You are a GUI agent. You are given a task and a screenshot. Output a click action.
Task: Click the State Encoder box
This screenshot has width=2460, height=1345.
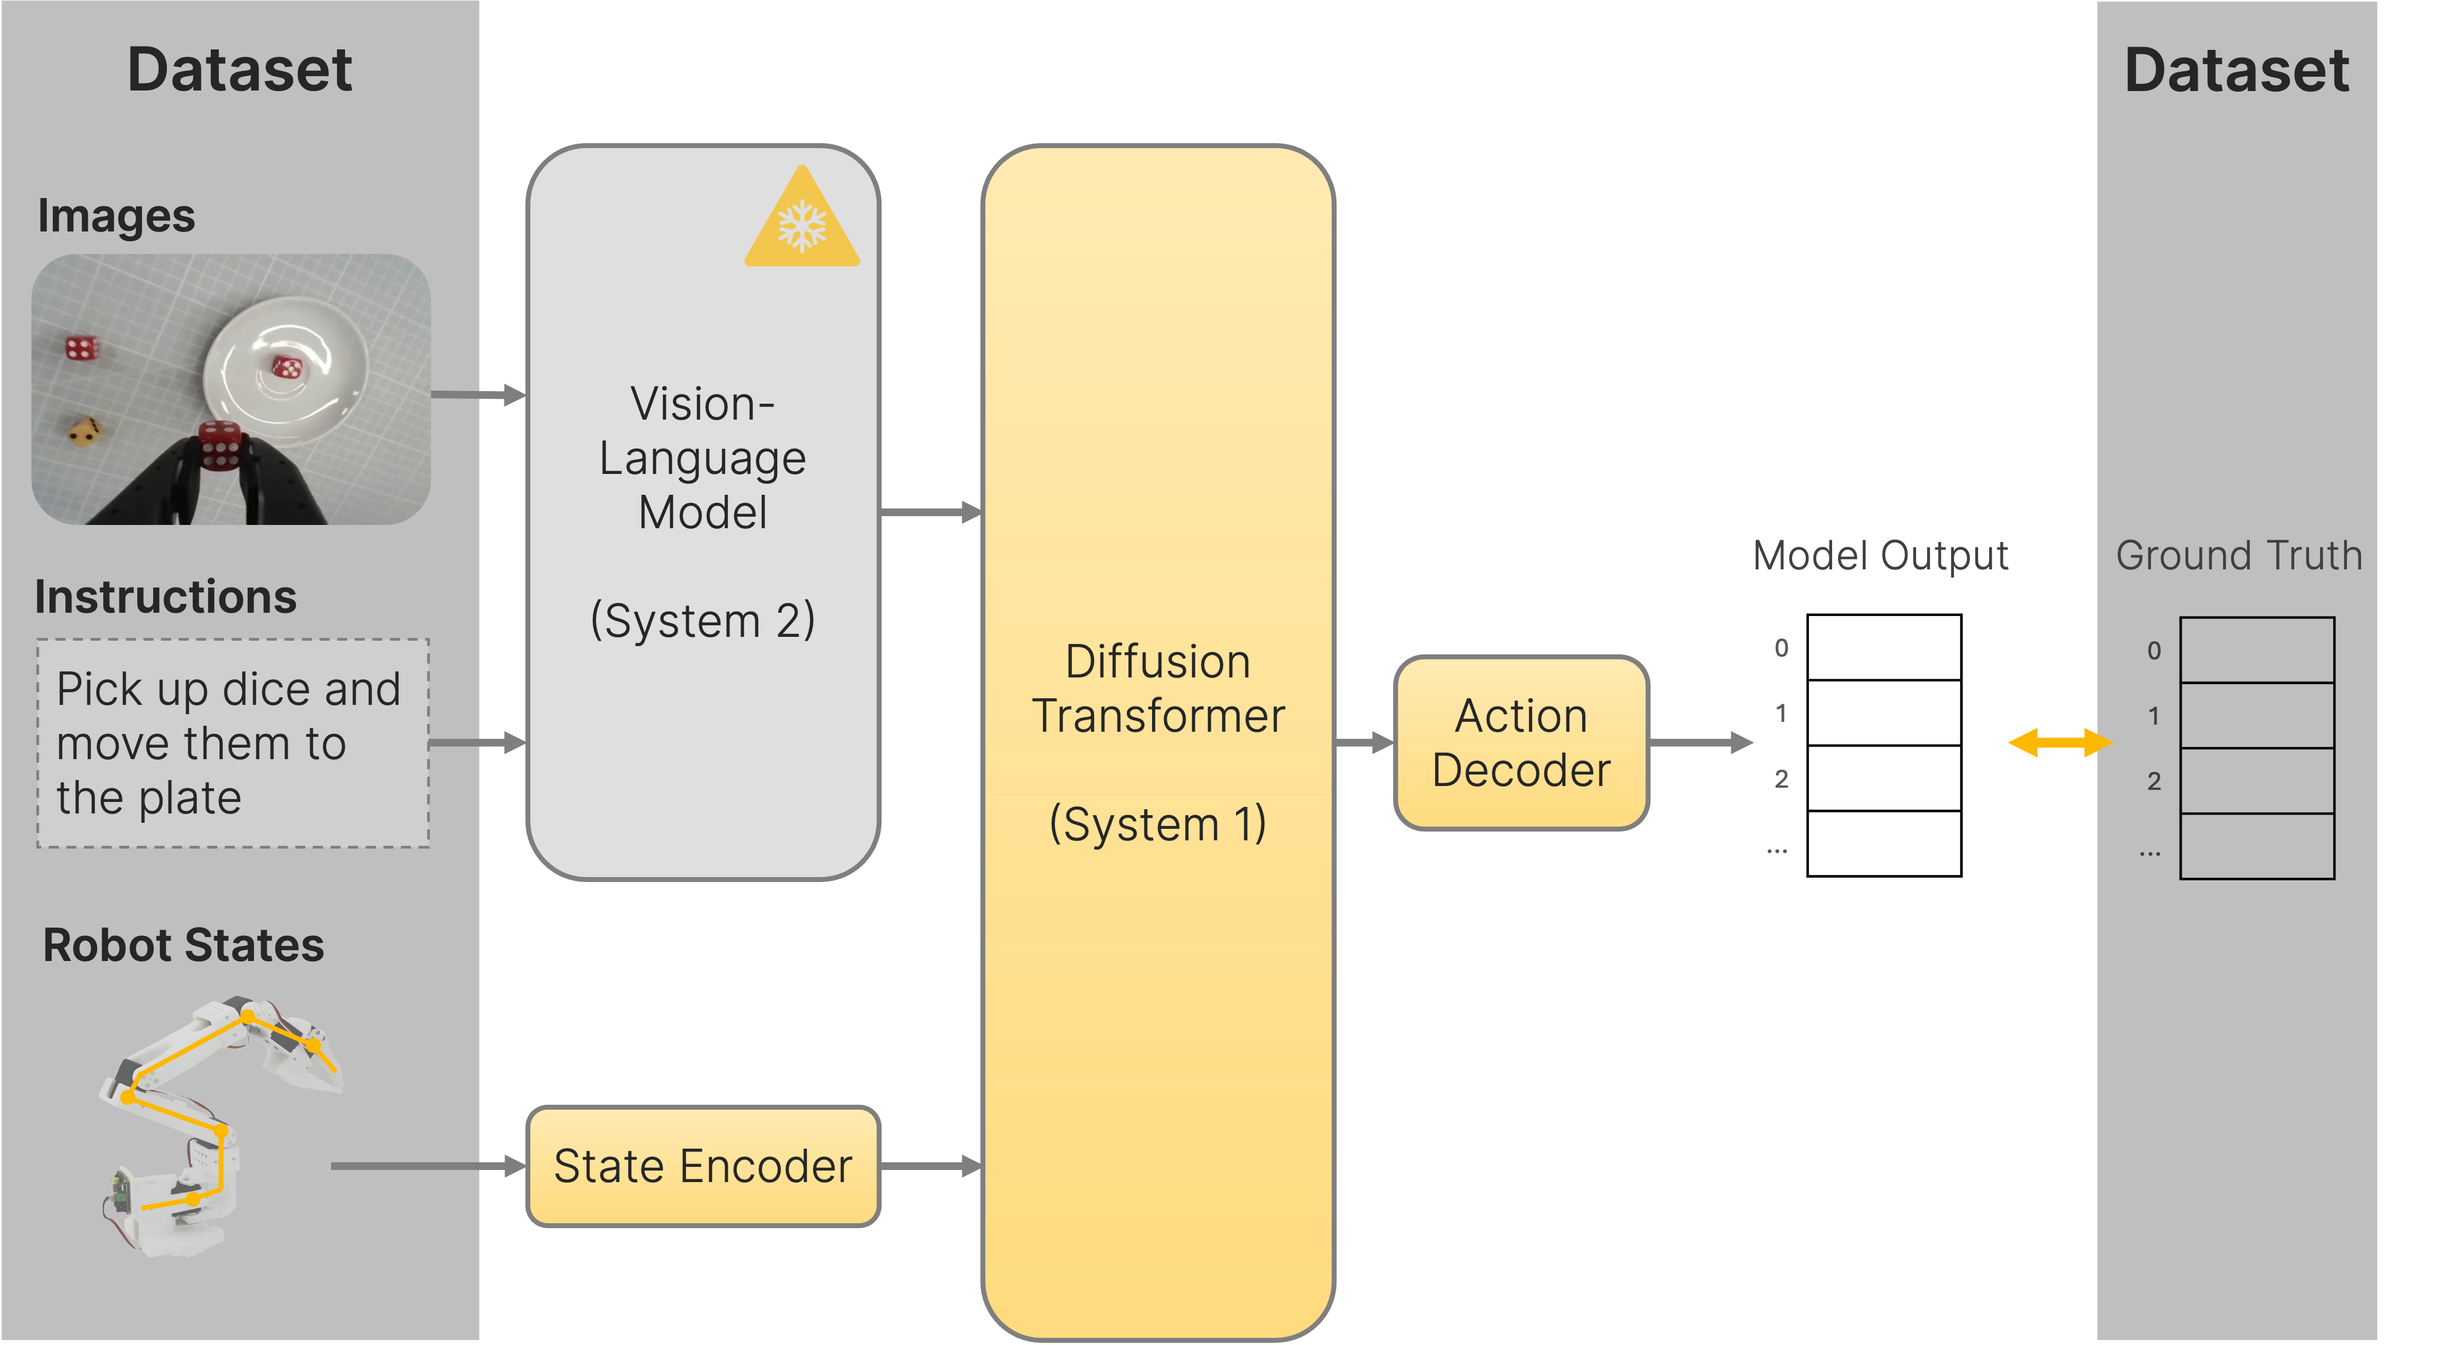(x=703, y=1166)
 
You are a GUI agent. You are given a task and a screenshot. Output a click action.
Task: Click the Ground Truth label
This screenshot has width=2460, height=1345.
(x=2238, y=556)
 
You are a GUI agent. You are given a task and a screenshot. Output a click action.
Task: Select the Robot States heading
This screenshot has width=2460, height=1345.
(x=183, y=945)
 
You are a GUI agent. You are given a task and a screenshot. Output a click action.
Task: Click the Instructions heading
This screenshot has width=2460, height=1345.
(x=165, y=597)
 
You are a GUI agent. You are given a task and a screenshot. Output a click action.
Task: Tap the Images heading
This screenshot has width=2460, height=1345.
(x=116, y=216)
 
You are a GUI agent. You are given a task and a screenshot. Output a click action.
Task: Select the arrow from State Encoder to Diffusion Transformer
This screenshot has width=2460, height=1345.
(x=930, y=1166)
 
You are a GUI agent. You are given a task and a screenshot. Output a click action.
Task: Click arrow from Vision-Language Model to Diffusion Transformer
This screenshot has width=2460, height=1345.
(x=930, y=513)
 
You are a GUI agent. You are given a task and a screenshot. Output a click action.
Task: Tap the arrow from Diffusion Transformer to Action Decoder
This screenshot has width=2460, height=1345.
(x=1364, y=742)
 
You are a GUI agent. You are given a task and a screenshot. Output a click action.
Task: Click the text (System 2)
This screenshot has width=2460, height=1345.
(x=703, y=620)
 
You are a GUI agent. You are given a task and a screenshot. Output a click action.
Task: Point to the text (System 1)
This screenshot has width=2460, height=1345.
(x=1158, y=824)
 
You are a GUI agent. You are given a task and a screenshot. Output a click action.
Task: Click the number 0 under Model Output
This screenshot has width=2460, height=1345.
(x=1781, y=648)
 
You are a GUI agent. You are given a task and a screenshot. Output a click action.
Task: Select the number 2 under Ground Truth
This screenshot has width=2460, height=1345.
(x=2153, y=781)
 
